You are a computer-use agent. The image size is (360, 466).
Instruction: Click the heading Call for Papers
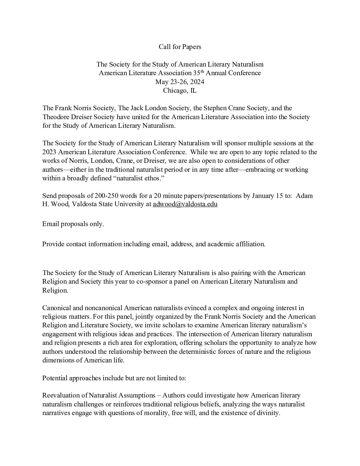click(180, 47)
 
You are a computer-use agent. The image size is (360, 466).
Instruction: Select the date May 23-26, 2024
click(180, 81)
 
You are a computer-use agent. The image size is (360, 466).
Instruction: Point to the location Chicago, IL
click(180, 90)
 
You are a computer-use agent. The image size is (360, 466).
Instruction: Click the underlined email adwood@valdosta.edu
click(185, 204)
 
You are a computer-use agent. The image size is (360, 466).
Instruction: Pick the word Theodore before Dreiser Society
click(56, 117)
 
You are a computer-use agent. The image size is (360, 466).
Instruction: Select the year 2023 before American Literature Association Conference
click(50, 152)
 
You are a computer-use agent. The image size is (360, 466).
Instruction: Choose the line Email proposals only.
click(73, 224)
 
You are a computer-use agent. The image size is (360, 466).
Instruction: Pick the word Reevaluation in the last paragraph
click(62, 395)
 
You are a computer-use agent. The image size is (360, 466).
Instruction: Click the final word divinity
click(268, 413)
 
